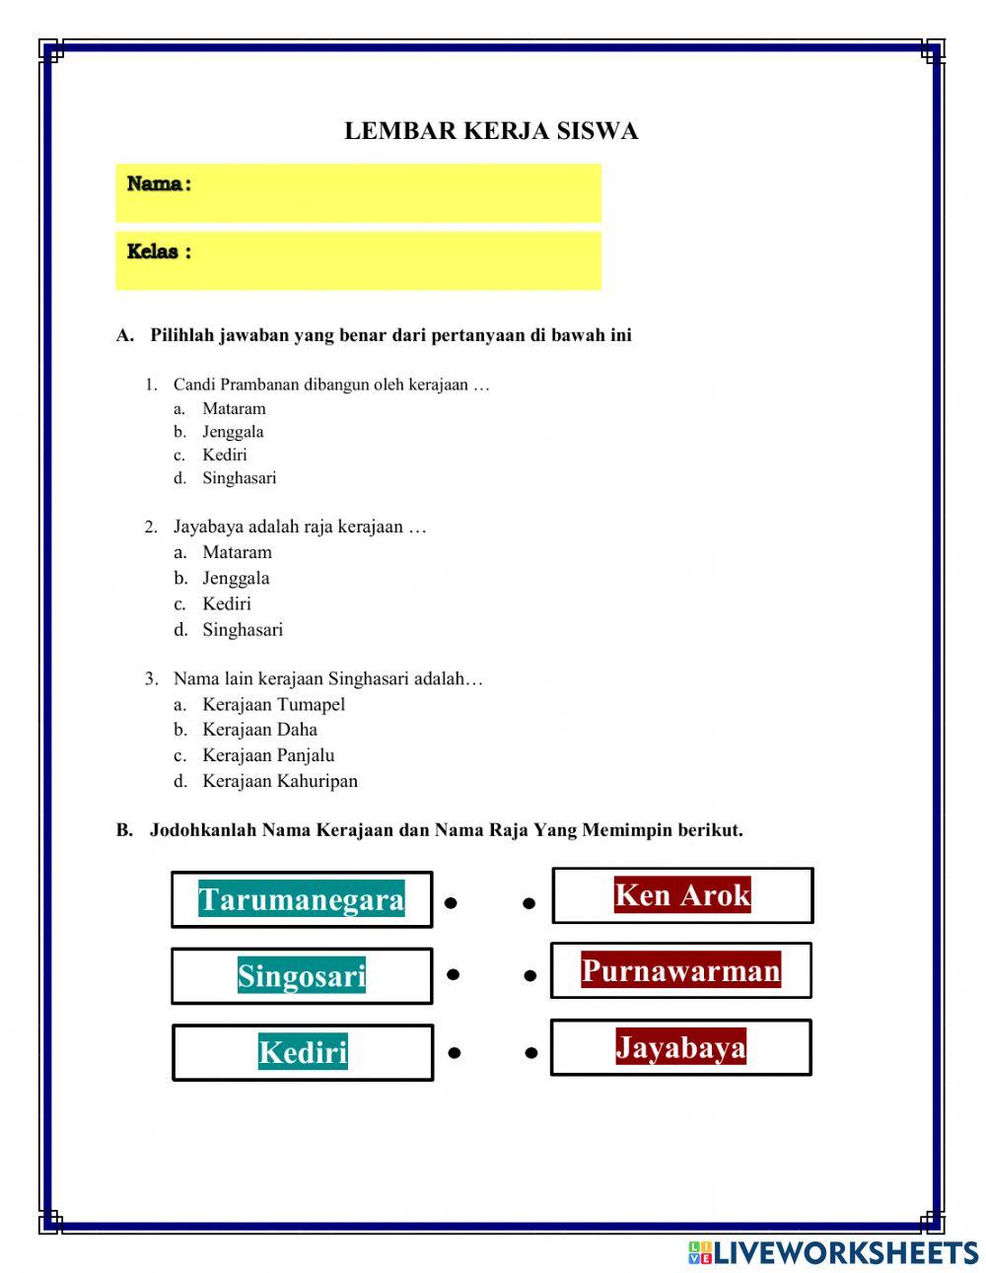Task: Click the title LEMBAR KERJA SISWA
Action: [x=491, y=131]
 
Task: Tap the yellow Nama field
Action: [x=358, y=192]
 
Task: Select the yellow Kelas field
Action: [x=358, y=260]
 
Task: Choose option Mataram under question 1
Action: [x=234, y=408]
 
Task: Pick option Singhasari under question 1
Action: [x=239, y=478]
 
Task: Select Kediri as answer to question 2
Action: [x=227, y=603]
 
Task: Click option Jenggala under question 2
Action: [x=236, y=578]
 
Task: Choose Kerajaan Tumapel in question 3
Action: [x=273, y=704]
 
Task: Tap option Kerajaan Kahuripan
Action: [x=280, y=781]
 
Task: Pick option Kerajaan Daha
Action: [x=259, y=730]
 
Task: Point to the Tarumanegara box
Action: [x=302, y=899]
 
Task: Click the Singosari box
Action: [x=302, y=976]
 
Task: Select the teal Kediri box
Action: [x=303, y=1052]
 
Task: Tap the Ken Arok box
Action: [x=682, y=895]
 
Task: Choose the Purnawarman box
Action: [x=680, y=970]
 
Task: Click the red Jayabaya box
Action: [x=680, y=1046]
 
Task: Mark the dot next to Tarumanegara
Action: [x=451, y=902]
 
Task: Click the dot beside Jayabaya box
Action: [x=531, y=1053]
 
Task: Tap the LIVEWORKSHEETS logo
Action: [x=833, y=1252]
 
